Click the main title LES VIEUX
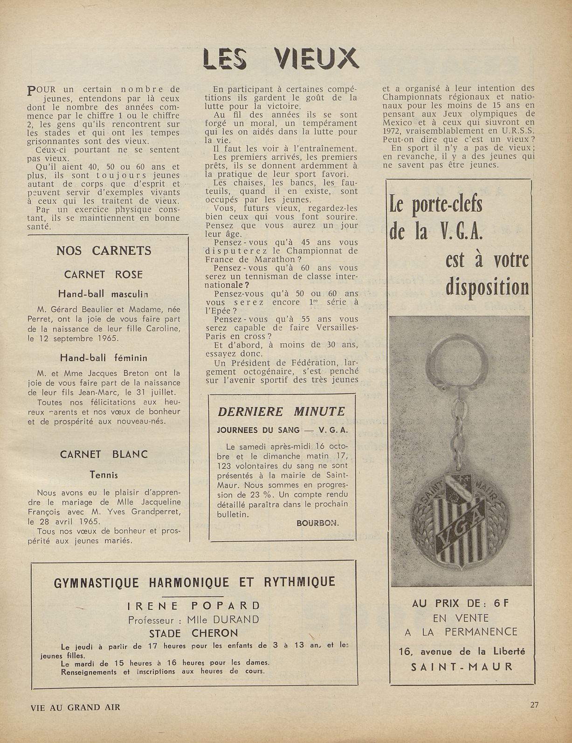point(281,59)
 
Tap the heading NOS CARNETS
point(104,251)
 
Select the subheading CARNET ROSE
point(103,274)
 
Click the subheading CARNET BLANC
point(103,454)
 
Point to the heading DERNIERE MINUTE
point(282,411)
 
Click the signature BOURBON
point(317,523)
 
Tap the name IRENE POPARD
point(193,606)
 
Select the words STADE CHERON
point(193,633)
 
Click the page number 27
point(534,705)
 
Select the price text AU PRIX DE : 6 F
point(460,603)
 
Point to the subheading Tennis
point(103,475)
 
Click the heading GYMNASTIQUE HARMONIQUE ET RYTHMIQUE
point(195,582)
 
